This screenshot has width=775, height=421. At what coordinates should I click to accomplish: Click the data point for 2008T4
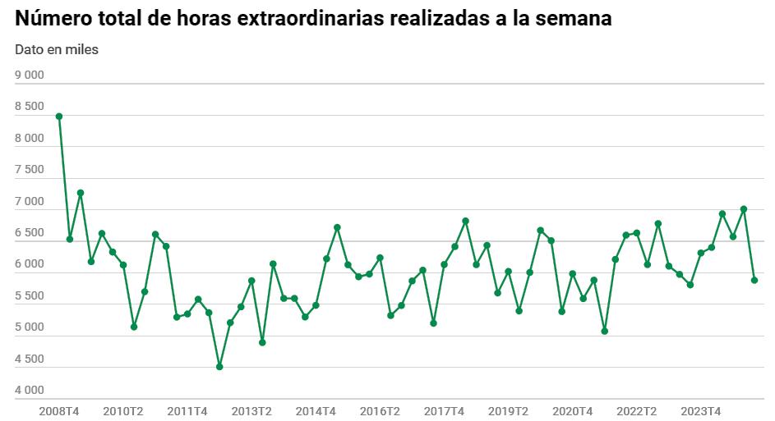tap(59, 117)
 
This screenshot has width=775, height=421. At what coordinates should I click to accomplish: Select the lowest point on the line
tap(219, 367)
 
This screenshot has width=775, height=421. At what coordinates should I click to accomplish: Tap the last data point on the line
tap(754, 280)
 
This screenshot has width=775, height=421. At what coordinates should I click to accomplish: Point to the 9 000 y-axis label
tap(30, 76)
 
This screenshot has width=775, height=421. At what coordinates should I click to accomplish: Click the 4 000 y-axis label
tap(30, 391)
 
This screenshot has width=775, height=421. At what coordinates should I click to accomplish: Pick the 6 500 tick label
tap(30, 233)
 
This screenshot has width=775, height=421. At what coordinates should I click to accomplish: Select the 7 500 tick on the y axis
tap(30, 170)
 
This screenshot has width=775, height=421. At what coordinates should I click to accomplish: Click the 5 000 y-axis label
tap(30, 327)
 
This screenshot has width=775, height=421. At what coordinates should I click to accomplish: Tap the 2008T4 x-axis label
tap(59, 410)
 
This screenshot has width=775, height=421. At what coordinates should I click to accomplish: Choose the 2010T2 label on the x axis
tap(123, 410)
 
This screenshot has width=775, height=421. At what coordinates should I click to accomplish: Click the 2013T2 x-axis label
tap(251, 410)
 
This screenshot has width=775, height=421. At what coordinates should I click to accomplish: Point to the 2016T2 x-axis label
tap(380, 410)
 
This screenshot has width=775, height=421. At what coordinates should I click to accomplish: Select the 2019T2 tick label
tap(509, 410)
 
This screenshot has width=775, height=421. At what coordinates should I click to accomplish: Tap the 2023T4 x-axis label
tap(701, 410)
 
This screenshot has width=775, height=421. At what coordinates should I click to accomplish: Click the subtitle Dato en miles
tap(57, 49)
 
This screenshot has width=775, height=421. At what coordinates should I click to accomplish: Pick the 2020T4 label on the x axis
tap(573, 410)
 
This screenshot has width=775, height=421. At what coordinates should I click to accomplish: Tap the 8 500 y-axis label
tap(30, 107)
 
